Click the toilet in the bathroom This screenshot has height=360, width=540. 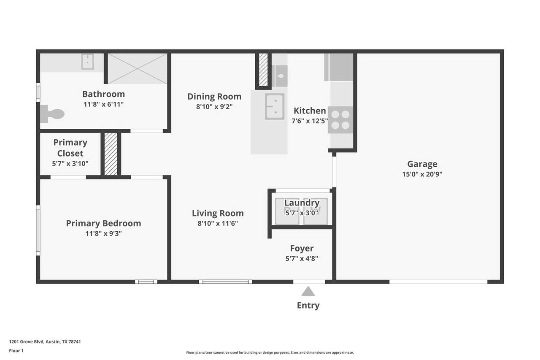[52, 114]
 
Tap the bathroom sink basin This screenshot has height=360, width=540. [87, 62]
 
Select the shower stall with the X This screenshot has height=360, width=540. [137, 69]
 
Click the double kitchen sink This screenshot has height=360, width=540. [275, 107]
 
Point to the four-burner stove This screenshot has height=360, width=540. [340, 120]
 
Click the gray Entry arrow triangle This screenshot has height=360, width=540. [308, 291]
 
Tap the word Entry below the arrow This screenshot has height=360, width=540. [308, 305]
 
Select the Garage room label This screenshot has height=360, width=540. [422, 164]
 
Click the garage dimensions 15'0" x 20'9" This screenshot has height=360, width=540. [422, 174]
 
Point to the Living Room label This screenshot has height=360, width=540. [218, 213]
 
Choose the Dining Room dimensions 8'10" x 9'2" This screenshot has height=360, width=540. [214, 107]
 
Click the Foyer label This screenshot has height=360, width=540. [302, 248]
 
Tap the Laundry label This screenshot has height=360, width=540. [302, 203]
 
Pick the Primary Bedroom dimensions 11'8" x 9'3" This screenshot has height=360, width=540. [103, 233]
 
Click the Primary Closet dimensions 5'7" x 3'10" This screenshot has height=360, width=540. [70, 163]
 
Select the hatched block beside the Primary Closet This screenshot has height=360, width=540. [111, 154]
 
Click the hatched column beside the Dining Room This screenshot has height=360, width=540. [263, 70]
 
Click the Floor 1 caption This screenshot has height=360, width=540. [16, 351]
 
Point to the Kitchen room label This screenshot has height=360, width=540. [310, 111]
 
